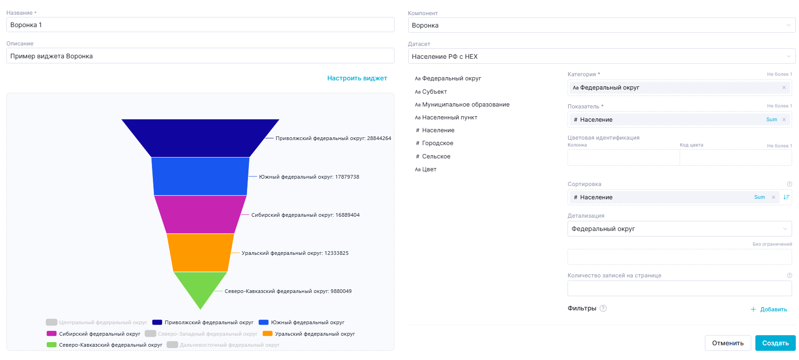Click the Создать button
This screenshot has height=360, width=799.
click(x=775, y=343)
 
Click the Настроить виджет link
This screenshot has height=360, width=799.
click(x=357, y=79)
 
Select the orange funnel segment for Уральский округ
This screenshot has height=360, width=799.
click(x=200, y=253)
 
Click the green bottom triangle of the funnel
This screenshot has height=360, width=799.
click(x=200, y=287)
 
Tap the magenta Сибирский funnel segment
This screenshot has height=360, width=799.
click(x=200, y=214)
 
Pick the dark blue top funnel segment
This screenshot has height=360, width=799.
click(x=200, y=138)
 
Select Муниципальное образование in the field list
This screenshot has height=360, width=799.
click(x=466, y=105)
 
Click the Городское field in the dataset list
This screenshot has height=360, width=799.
click(x=438, y=143)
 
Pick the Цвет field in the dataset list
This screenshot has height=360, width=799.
click(x=429, y=169)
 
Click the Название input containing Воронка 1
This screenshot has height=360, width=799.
click(x=200, y=25)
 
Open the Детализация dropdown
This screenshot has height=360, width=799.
click(x=679, y=229)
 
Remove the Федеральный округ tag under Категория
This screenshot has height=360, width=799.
click(x=784, y=88)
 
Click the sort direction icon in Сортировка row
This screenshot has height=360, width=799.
click(x=786, y=197)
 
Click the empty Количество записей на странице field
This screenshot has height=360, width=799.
click(x=679, y=288)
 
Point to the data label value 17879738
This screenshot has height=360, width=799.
click(x=347, y=177)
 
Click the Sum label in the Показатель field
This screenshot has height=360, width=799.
click(x=771, y=120)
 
